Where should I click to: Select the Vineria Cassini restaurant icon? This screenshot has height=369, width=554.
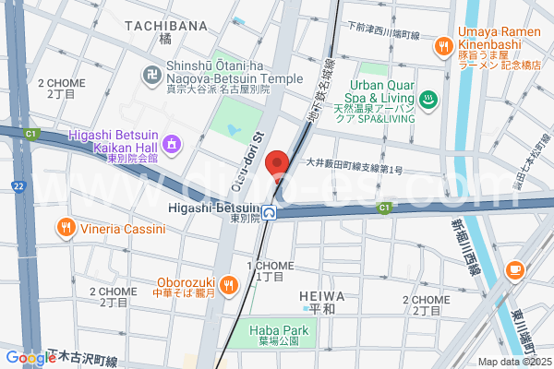(x=66, y=226)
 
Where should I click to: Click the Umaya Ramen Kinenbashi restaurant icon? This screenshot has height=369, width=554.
(x=444, y=43)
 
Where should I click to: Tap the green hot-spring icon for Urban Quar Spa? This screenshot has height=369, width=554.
(x=428, y=99)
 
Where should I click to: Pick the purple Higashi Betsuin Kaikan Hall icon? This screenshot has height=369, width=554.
(x=172, y=143)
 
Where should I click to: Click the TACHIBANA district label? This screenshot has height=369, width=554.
(x=164, y=26)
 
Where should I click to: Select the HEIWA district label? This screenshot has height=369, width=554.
(x=322, y=296)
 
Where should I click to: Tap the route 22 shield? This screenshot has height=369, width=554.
(x=18, y=187)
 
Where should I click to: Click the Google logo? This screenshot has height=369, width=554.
(x=30, y=357)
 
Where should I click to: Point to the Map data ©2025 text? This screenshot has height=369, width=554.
(x=513, y=361)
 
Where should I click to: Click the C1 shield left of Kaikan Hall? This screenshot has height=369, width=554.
(x=31, y=135)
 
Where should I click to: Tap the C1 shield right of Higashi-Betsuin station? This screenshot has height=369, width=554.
(x=384, y=208)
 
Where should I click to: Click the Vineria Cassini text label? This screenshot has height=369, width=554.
(x=121, y=226)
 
